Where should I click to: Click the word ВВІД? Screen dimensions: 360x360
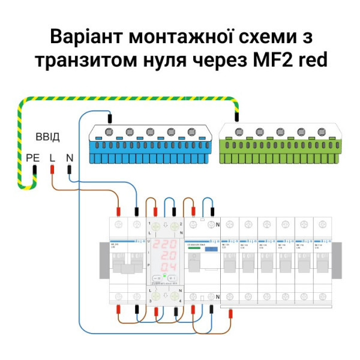click(x=48, y=137)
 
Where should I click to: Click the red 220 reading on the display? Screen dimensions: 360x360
click(x=164, y=245)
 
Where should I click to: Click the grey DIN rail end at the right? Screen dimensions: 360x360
click(x=336, y=260)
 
